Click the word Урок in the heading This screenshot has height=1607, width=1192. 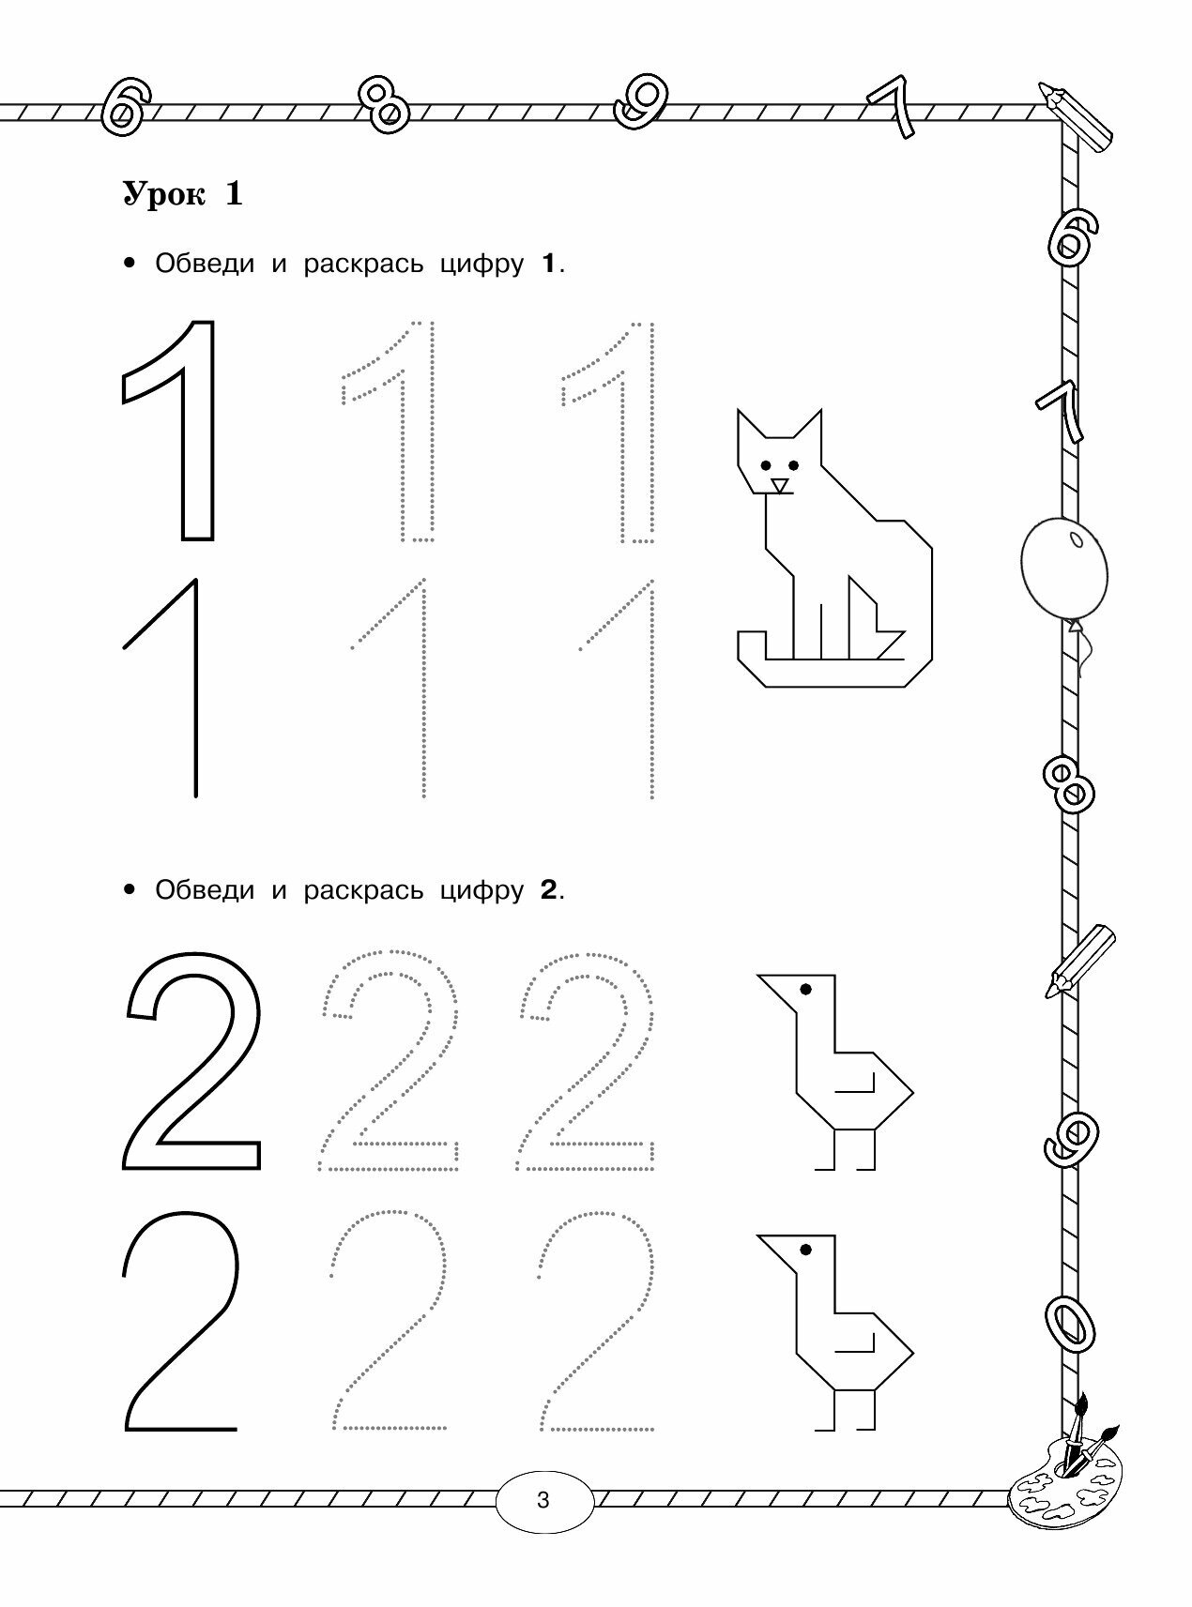[x=162, y=194]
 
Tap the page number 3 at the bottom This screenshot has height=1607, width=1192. [x=543, y=1499]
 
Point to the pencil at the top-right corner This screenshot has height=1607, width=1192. [x=1077, y=116]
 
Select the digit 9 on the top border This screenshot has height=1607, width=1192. [x=641, y=101]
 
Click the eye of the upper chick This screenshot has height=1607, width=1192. [x=804, y=988]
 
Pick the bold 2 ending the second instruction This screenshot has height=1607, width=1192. [x=549, y=889]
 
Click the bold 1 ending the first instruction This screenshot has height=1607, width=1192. [x=549, y=264]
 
